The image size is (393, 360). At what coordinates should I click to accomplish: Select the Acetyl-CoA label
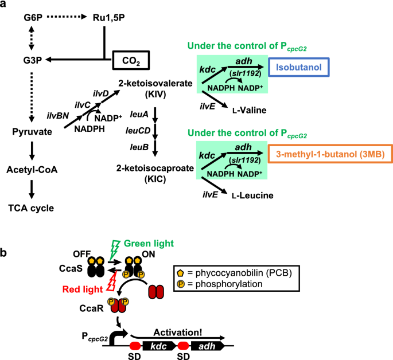[34, 170]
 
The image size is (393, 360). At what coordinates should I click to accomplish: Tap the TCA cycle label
[34, 208]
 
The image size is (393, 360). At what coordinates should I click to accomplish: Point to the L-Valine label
[235, 107]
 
